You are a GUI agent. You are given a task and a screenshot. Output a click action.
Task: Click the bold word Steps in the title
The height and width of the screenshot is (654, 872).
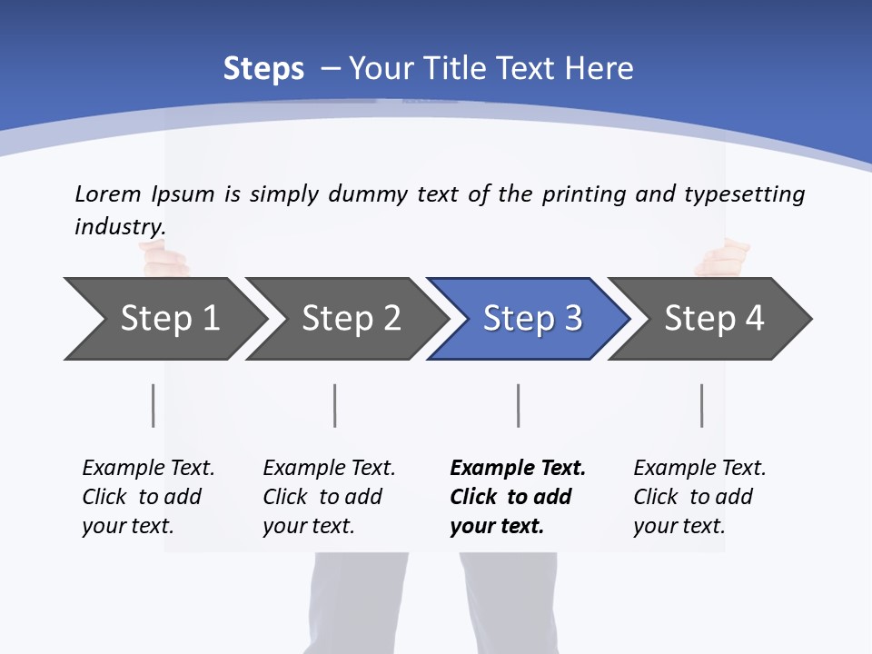263,69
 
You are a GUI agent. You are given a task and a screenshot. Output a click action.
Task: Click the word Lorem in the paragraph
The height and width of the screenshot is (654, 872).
108,194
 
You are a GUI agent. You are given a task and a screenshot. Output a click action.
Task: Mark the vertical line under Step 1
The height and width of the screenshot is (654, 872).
153,405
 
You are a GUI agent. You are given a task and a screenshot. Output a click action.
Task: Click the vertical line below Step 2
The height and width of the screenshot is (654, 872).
335,405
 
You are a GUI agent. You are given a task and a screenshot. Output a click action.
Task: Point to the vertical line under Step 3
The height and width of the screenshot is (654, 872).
518,405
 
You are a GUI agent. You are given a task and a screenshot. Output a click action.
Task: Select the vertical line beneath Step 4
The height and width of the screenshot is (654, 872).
701,405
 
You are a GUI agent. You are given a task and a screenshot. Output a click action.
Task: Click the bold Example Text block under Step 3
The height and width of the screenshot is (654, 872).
517,497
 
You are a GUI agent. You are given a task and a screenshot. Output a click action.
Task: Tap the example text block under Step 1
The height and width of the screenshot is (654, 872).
148,497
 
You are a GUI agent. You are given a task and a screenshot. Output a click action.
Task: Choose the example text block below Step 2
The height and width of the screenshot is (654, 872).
329,497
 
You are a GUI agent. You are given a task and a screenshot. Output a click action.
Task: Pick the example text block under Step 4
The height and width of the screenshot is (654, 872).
699,497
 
